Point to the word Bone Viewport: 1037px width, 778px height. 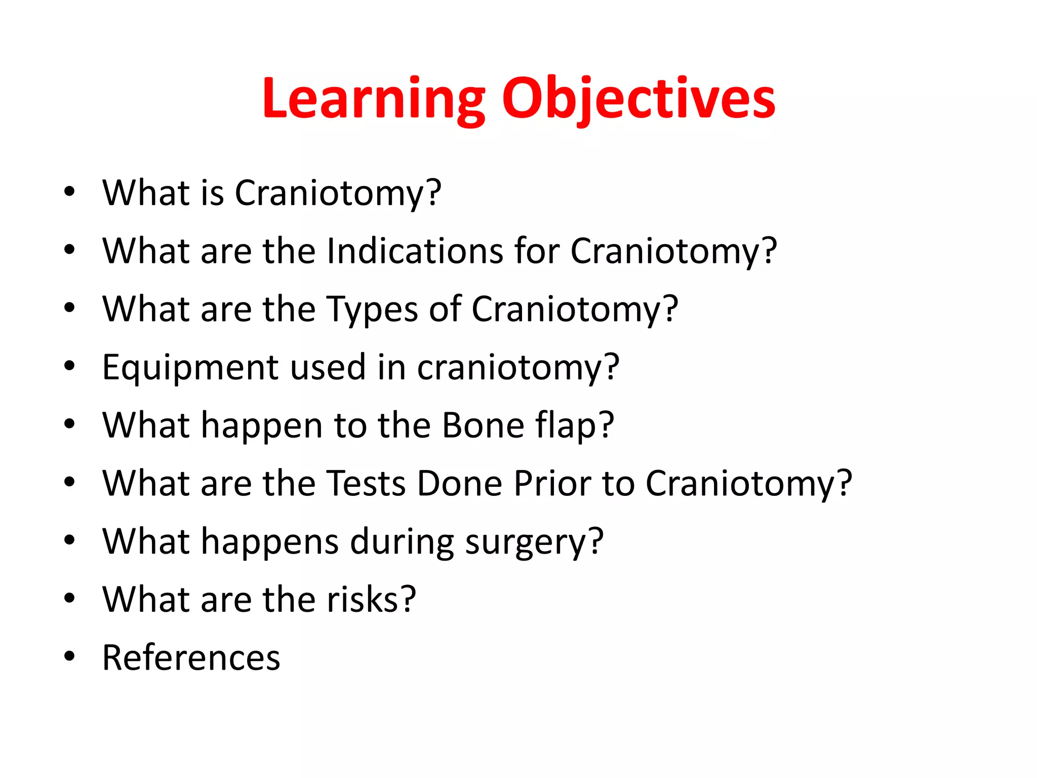(483, 425)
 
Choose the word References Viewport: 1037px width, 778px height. (191, 658)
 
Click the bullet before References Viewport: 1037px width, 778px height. (69, 657)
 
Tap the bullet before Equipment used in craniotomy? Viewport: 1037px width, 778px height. (69, 366)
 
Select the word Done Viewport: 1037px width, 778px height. (459, 483)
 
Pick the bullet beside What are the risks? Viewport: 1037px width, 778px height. (69, 599)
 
